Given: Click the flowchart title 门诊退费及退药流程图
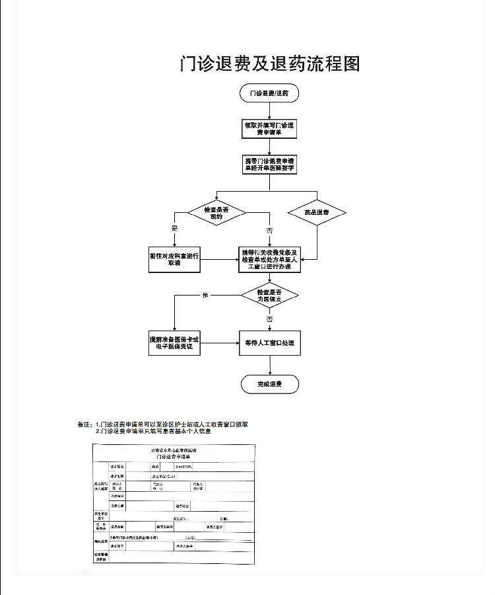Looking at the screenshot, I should pyautogui.click(x=270, y=63).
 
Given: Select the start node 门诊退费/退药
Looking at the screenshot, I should pyautogui.click(x=269, y=93).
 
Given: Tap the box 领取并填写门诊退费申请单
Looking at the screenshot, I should pyautogui.click(x=269, y=128).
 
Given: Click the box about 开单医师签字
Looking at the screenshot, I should pyautogui.click(x=269, y=165).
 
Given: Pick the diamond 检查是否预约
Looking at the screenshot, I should pyautogui.click(x=216, y=212).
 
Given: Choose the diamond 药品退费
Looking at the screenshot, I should pyautogui.click(x=317, y=213).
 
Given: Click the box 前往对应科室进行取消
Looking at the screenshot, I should pyautogui.click(x=174, y=259).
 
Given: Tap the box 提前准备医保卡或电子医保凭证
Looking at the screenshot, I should pyautogui.click(x=174, y=343).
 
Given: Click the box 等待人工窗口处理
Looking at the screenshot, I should pyautogui.click(x=269, y=343).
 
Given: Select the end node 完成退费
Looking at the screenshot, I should pyautogui.click(x=269, y=384).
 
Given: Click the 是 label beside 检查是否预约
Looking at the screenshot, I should pyautogui.click(x=175, y=229).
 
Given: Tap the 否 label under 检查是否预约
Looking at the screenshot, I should pyautogui.click(x=269, y=230).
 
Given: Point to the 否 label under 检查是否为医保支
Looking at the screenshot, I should pyautogui.click(x=269, y=319).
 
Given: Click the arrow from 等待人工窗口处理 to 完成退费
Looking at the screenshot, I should pyautogui.click(x=269, y=366).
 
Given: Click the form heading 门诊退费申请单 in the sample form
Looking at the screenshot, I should pyautogui.click(x=174, y=457).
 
